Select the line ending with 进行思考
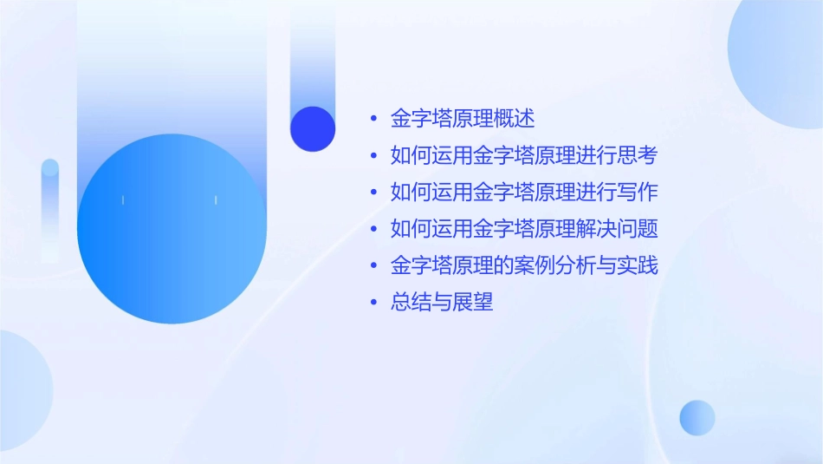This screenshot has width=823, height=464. (524, 156)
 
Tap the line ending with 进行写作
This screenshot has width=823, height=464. (524, 192)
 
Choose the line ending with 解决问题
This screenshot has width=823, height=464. (524, 229)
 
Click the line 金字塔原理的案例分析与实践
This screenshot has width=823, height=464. (524, 265)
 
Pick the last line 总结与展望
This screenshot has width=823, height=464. (442, 303)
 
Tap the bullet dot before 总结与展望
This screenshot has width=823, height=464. (373, 303)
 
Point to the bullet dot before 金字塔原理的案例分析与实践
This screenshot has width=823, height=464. (373, 266)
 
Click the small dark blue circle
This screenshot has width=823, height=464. (313, 128)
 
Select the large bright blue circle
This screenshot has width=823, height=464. (172, 229)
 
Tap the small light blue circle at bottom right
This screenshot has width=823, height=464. (697, 417)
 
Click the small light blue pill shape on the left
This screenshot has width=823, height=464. (50, 208)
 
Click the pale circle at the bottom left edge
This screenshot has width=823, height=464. (22, 390)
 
